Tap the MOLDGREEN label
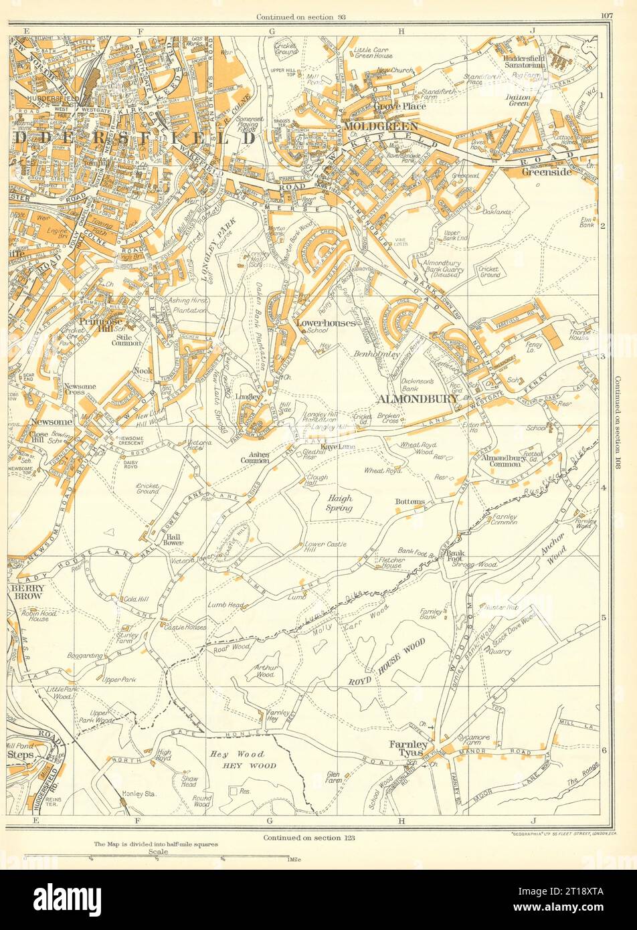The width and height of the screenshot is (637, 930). (380, 126)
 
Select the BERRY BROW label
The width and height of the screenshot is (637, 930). (27, 592)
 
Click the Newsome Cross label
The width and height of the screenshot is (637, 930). (82, 391)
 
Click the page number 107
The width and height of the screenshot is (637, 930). (606, 16)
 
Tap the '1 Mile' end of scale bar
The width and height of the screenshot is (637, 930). (292, 859)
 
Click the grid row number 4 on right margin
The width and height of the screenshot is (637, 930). (603, 487)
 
